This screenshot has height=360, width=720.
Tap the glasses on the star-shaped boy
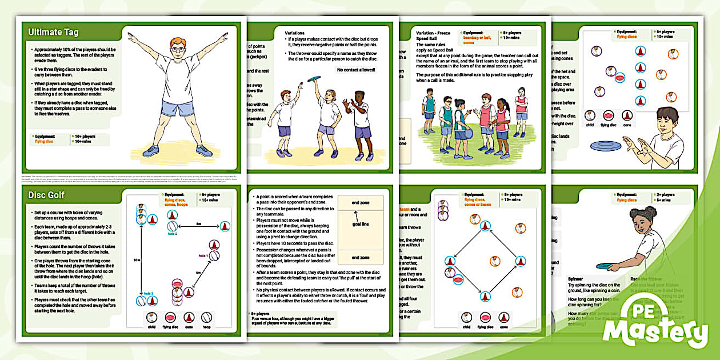pyautogui.click(x=178, y=49)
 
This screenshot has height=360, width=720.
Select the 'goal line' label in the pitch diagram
pyautogui.click(x=360, y=224)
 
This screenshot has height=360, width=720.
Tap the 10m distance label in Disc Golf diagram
pyautogui.click(x=137, y=259)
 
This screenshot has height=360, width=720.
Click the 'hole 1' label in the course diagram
pyautogui.click(x=203, y=255)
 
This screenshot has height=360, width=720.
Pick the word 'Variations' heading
pyautogui.click(x=295, y=33)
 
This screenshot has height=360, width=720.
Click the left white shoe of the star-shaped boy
pyautogui.click(x=150, y=151)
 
